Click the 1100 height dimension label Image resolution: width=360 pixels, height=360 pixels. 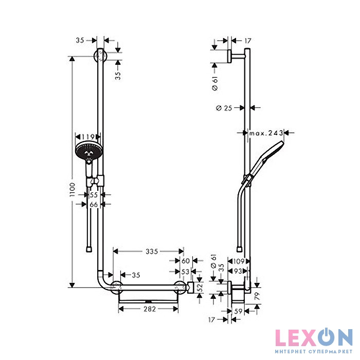click(x=73, y=189)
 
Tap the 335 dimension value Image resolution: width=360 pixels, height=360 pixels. click(x=152, y=251)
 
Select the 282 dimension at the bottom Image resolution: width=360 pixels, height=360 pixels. click(x=150, y=309)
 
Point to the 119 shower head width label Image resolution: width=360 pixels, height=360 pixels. click(x=88, y=137)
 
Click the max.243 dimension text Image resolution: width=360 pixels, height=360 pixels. click(x=266, y=133)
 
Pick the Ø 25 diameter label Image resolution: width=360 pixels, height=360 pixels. click(x=224, y=108)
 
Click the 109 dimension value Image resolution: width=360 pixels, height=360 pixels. click(x=239, y=261)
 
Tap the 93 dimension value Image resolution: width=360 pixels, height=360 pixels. click(x=238, y=271)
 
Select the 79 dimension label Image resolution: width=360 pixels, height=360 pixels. click(x=257, y=296)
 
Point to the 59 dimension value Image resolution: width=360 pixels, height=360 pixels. click(x=238, y=311)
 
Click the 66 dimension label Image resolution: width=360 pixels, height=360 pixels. click(x=94, y=204)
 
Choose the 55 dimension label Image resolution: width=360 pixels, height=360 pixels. click(x=94, y=195)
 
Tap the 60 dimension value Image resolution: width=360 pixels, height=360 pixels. click(x=186, y=261)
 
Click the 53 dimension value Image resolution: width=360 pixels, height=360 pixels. click(x=185, y=272)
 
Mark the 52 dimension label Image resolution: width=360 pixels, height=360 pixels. click(x=201, y=287)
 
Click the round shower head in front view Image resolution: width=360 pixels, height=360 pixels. click(x=89, y=151)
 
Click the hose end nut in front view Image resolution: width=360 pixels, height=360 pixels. click(x=89, y=249)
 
